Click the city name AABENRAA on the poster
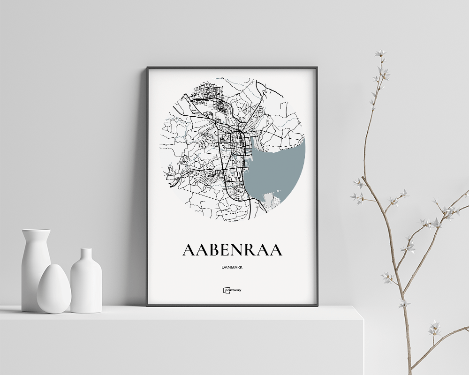(232, 250)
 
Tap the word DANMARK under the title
(233, 267)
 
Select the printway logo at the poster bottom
(233, 290)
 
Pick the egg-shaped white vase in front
(54, 289)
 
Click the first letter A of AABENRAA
(189, 250)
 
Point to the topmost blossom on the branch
(380, 53)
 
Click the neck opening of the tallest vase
(36, 231)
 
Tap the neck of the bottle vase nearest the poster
(86, 255)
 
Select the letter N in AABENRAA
(239, 250)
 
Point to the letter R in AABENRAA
(252, 250)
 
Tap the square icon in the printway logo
(226, 290)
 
